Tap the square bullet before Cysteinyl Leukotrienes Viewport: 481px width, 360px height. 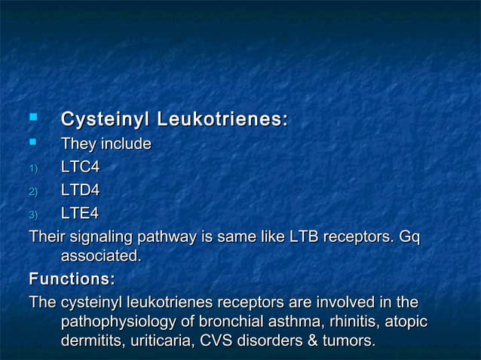[32, 117]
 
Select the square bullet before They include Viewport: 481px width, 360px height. [32, 142]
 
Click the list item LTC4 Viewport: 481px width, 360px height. [80, 167]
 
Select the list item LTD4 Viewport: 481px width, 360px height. [80, 191]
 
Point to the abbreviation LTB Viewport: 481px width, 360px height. [303, 237]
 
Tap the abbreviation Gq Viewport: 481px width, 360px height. [409, 238]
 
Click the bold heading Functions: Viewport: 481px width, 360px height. [72, 279]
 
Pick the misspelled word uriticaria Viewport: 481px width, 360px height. [156, 341]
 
